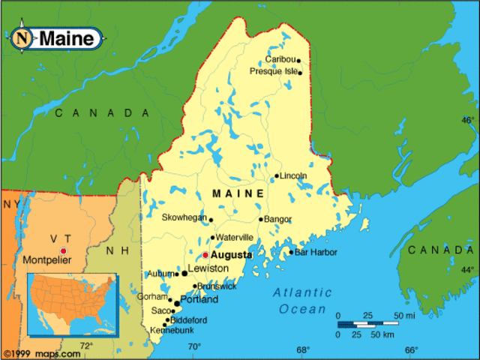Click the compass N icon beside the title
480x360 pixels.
pyautogui.click(x=23, y=37)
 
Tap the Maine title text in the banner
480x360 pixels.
pyautogui.click(x=67, y=37)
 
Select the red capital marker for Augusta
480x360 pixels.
pyautogui.click(x=205, y=255)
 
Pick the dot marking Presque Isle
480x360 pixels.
pyautogui.click(x=300, y=73)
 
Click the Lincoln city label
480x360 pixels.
pyautogui.click(x=293, y=175)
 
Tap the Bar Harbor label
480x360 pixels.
pyautogui.click(x=316, y=252)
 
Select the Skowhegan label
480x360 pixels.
pyautogui.click(x=184, y=219)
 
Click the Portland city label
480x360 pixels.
pyautogui.click(x=199, y=299)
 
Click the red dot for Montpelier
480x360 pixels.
pyautogui.click(x=64, y=250)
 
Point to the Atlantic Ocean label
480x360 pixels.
pyautogui.click(x=302, y=300)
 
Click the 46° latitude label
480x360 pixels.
pyautogui.click(x=467, y=120)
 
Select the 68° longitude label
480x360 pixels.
pyautogui.click(x=302, y=349)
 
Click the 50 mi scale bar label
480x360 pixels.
pyautogui.click(x=406, y=315)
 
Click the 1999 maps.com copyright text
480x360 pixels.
pyautogui.click(x=41, y=353)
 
